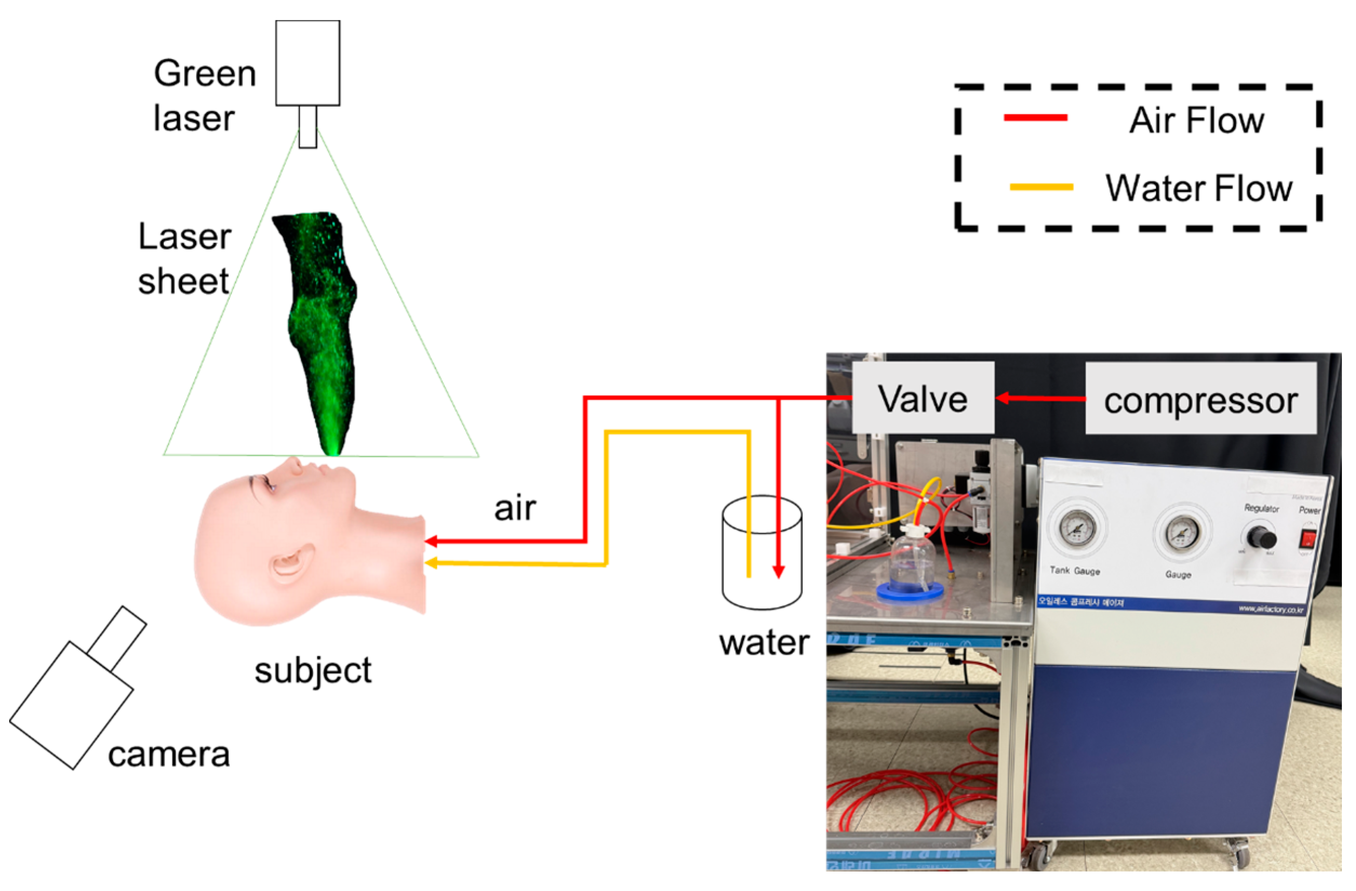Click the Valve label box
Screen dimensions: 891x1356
click(x=922, y=397)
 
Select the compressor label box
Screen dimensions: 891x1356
click(x=1200, y=398)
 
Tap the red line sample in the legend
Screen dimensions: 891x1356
click(x=1035, y=118)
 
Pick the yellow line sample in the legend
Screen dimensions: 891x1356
click(x=1041, y=187)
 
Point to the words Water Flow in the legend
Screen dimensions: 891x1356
click(x=1199, y=188)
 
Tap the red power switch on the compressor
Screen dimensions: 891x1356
click(x=1307, y=538)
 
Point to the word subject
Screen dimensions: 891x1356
click(x=313, y=671)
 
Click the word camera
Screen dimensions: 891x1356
click(x=169, y=755)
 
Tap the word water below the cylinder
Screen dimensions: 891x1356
click(x=763, y=643)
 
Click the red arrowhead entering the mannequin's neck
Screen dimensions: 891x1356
click(x=431, y=541)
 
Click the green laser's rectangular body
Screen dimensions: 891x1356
click(x=307, y=63)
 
